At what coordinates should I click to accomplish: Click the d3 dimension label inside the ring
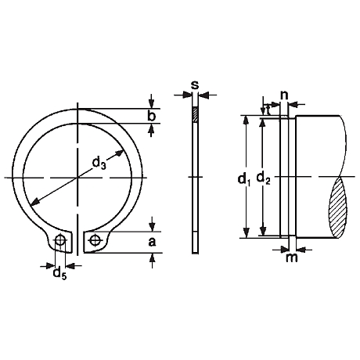point(99,164)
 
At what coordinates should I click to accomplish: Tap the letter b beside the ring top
point(151,116)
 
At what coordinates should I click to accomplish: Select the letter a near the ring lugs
point(152,242)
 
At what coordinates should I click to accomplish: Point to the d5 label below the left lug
point(59,274)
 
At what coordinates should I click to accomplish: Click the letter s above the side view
point(195,85)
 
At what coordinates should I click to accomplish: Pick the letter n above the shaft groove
point(284,95)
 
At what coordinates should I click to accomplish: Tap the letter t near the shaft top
point(267,110)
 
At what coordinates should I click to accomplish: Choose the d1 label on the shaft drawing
point(244,180)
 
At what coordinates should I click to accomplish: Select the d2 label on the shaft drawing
point(264,178)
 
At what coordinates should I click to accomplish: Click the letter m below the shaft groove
point(292,257)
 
